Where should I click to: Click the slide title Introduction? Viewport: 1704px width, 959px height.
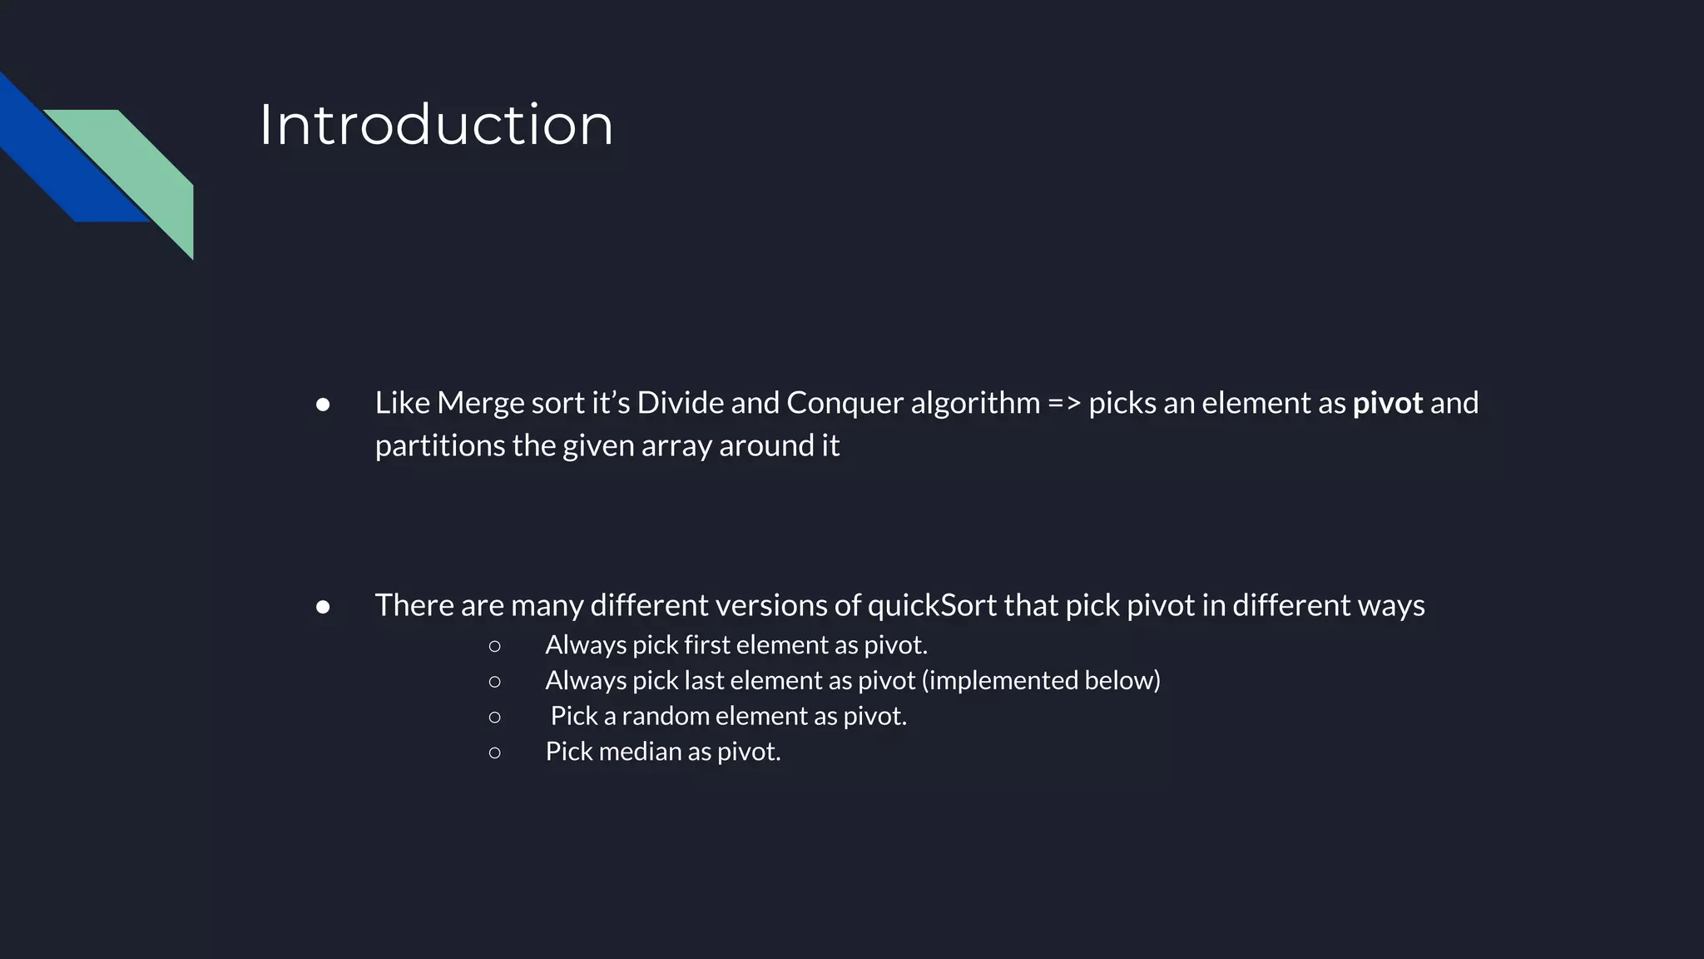pyautogui.click(x=436, y=125)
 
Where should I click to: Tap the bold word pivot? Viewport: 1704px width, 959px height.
pyautogui.click(x=1387, y=404)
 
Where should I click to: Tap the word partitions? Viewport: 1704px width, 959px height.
pyautogui.click(x=440, y=446)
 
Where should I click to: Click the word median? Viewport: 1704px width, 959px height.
pyautogui.click(x=640, y=752)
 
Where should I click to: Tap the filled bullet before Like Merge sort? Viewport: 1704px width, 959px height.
pyautogui.click(x=323, y=405)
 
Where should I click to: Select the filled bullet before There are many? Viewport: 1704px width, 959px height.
pyautogui.click(x=323, y=607)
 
